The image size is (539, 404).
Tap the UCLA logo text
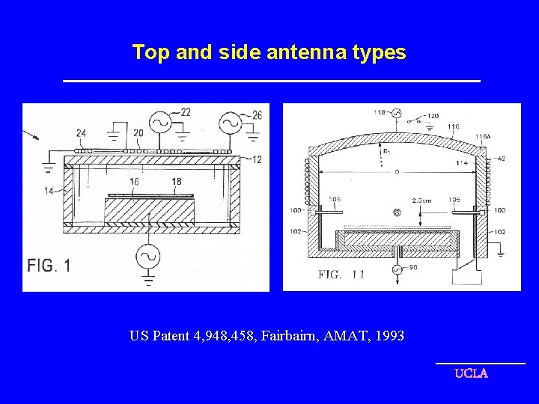pos(471,373)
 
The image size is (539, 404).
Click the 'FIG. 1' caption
pos(49,266)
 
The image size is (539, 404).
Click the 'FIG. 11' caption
pos(341,275)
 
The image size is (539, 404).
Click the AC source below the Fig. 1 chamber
pos(147,257)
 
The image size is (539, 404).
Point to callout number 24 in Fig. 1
pos(81,134)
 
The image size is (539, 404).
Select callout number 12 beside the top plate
pos(257,159)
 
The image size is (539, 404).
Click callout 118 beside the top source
pos(380,112)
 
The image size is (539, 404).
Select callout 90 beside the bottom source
pos(412,268)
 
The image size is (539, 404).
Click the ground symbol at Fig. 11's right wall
pos(499,254)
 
